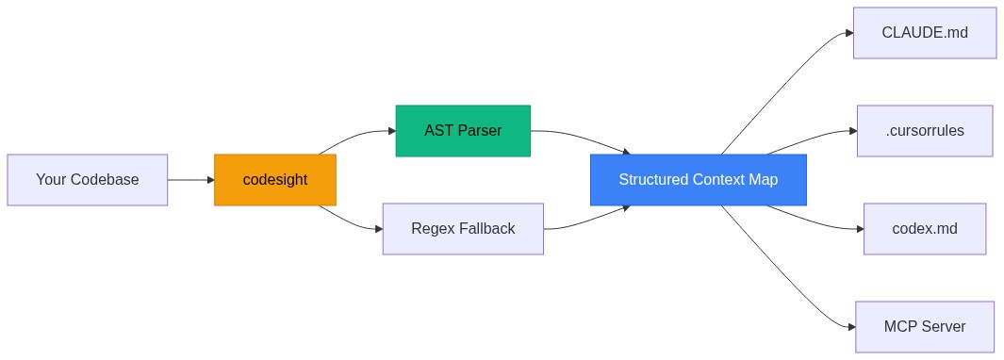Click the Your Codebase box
pyautogui.click(x=87, y=180)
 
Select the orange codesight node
pyautogui.click(x=274, y=180)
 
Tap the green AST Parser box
pyautogui.click(x=463, y=130)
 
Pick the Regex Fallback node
pyautogui.click(x=463, y=229)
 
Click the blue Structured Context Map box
pyautogui.click(x=698, y=180)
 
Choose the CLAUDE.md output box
pyautogui.click(x=925, y=33)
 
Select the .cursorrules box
pyautogui.click(x=925, y=131)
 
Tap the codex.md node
pyautogui.click(x=925, y=229)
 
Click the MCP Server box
pyautogui.click(x=925, y=327)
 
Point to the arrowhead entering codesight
pyautogui.click(x=209, y=180)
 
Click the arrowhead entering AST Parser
pyautogui.click(x=391, y=131)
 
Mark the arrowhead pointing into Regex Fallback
pyautogui.click(x=378, y=229)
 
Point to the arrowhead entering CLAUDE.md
pyautogui.click(x=848, y=33)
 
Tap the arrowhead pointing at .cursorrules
pyautogui.click(x=852, y=131)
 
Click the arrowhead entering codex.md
pyautogui.click(x=859, y=229)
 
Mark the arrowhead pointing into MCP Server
pyautogui.click(x=850, y=327)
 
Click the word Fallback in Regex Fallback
pyautogui.click(x=486, y=229)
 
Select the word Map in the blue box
pyautogui.click(x=763, y=180)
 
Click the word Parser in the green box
pyautogui.click(x=480, y=130)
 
